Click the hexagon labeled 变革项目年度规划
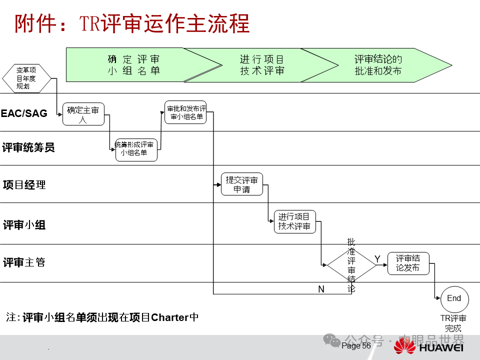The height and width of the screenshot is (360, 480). pos(26,78)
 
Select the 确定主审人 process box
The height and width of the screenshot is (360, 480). pos(83,114)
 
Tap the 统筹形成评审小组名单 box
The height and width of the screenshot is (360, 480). pos(136,149)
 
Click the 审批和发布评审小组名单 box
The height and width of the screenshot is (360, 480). pos(185,112)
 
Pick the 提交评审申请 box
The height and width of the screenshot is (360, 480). pos(242,184)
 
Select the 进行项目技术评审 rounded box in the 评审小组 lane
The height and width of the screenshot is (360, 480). pos(295,222)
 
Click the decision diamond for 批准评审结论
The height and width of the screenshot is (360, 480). pos(351,265)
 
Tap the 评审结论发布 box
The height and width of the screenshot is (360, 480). pos(408,263)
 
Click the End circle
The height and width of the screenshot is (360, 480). pos(454,299)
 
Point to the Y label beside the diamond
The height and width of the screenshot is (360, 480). pos(377,258)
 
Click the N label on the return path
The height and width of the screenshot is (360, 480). pos(321,289)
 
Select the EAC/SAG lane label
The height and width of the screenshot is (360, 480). pos(24,113)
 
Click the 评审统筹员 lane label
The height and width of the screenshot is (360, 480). pos(28,147)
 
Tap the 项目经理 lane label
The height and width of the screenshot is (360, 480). pos(24,185)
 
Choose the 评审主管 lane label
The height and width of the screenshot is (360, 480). pos(24,262)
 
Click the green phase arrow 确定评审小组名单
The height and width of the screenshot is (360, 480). pos(135,65)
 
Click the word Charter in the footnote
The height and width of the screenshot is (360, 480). pos(170,317)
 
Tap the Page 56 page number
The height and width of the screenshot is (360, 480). pos(356,346)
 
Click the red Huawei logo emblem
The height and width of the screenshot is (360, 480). pos(405,346)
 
